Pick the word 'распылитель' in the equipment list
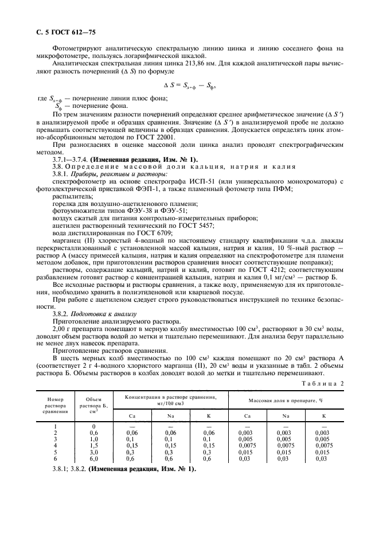(x=68, y=196)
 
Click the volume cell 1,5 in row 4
(x=93, y=445)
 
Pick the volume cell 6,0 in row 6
(x=93, y=459)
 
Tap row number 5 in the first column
(x=56, y=452)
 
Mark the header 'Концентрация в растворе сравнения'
(x=171, y=399)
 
